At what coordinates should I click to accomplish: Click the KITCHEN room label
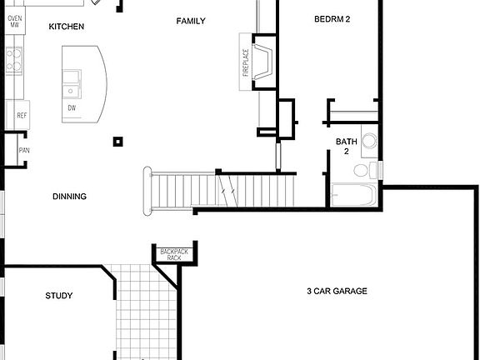[67, 27]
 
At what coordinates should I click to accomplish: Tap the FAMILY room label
[190, 21]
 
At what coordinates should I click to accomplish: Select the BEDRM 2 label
[332, 19]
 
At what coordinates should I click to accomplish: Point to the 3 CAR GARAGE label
[337, 291]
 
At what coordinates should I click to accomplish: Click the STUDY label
[58, 296]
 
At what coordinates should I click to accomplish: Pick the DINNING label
[69, 197]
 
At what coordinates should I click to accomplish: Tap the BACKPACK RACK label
[173, 254]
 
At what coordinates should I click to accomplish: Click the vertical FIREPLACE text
[246, 63]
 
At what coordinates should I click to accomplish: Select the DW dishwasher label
[72, 108]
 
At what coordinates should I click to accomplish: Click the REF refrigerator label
[22, 115]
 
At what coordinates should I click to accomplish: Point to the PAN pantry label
[24, 151]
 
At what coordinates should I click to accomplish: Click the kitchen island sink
[71, 80]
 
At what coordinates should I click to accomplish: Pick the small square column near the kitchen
[118, 142]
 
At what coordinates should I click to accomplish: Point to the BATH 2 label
[347, 147]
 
